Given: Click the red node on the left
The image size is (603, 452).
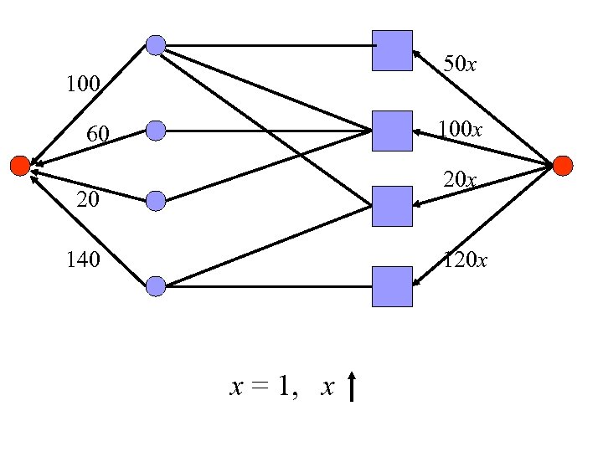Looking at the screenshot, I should coord(19,165).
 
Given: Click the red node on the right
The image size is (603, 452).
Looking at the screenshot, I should coord(563,165).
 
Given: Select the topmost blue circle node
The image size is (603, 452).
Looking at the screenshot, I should coord(156,45).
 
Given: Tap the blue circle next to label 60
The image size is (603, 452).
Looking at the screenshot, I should coord(156,130).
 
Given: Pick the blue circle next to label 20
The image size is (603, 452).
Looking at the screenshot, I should coord(156,200).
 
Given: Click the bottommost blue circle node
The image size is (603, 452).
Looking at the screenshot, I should coord(156,286).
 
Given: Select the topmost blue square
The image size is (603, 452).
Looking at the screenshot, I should coord(392,50).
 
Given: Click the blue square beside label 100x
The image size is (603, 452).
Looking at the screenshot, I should coord(392,131).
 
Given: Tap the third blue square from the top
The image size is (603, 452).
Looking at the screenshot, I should coord(392,206).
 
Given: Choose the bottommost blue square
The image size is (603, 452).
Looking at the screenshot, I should coord(392,286).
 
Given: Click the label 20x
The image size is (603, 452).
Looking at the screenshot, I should coord(461,180).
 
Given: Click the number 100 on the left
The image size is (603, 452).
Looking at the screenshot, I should coord(84,85).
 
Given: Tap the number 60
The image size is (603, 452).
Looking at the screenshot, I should coord(99,134).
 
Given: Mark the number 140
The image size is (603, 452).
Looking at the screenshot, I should coord(84,260).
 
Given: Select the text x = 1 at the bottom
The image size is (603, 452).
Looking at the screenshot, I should coord(264,387).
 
